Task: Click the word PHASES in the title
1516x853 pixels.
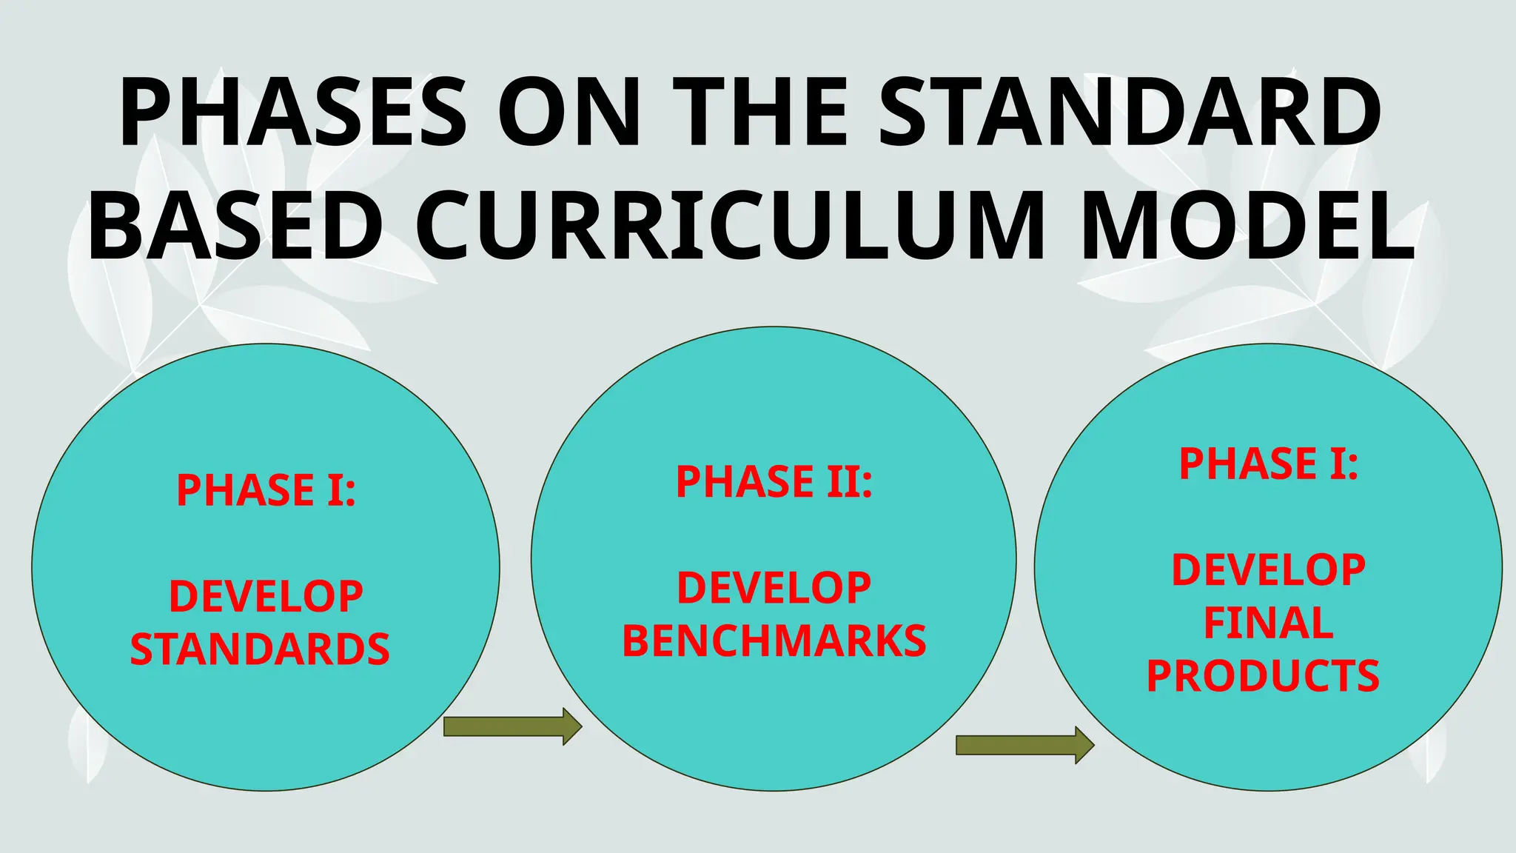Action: tap(293, 113)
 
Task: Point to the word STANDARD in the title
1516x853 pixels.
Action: tap(1130, 113)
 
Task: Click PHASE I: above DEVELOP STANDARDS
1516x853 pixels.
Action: tap(266, 490)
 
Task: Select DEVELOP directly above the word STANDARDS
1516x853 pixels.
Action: tap(266, 596)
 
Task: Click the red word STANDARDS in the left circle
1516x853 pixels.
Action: tap(260, 649)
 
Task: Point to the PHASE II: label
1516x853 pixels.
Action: tap(774, 482)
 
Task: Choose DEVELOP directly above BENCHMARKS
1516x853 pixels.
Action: tap(774, 588)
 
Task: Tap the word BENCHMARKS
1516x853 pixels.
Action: tap(774, 641)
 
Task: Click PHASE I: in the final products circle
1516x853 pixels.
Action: tap(1268, 464)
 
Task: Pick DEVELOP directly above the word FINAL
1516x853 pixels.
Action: tap(1268, 570)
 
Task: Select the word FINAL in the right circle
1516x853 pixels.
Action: tap(1268, 623)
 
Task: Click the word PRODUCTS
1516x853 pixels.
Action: tap(1263, 676)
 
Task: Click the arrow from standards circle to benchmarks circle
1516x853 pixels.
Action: tap(512, 726)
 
